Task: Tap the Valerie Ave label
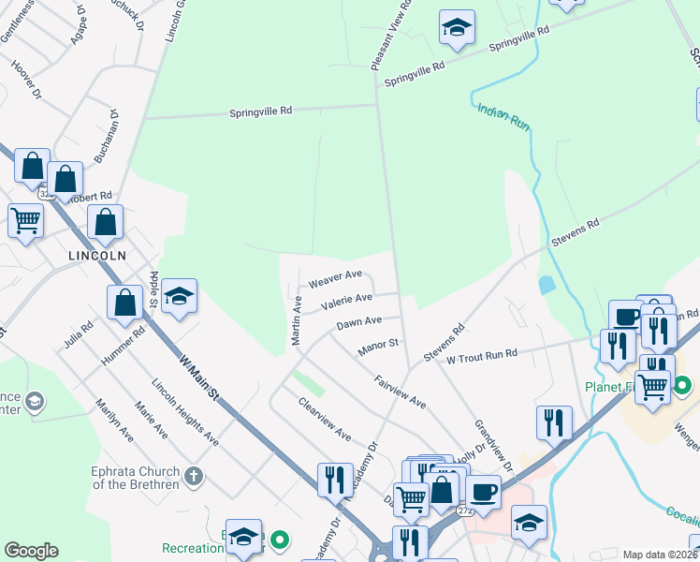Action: tap(346, 301)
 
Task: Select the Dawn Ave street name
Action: tap(359, 322)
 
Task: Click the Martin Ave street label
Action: tap(297, 320)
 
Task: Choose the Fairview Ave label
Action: tap(400, 391)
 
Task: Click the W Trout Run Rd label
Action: tap(482, 356)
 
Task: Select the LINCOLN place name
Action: tap(97, 255)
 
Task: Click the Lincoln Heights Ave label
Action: tap(185, 412)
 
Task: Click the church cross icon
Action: tap(194, 476)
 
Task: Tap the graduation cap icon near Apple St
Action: tap(178, 297)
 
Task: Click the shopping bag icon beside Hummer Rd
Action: tap(124, 302)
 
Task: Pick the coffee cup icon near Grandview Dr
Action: tap(483, 492)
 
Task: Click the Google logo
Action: tap(31, 551)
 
